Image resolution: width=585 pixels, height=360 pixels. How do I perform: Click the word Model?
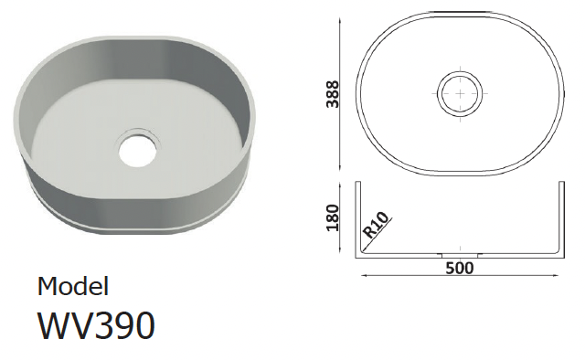point(73,287)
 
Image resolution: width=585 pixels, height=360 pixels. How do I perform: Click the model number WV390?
point(96,325)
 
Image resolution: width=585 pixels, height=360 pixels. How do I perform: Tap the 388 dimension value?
point(333,94)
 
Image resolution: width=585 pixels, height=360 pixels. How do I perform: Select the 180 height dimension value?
point(332,217)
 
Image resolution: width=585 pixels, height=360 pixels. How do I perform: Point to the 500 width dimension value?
point(460,268)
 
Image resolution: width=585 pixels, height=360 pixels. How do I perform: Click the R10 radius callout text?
point(377,225)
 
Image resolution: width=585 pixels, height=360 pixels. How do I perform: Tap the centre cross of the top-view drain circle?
point(460,93)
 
